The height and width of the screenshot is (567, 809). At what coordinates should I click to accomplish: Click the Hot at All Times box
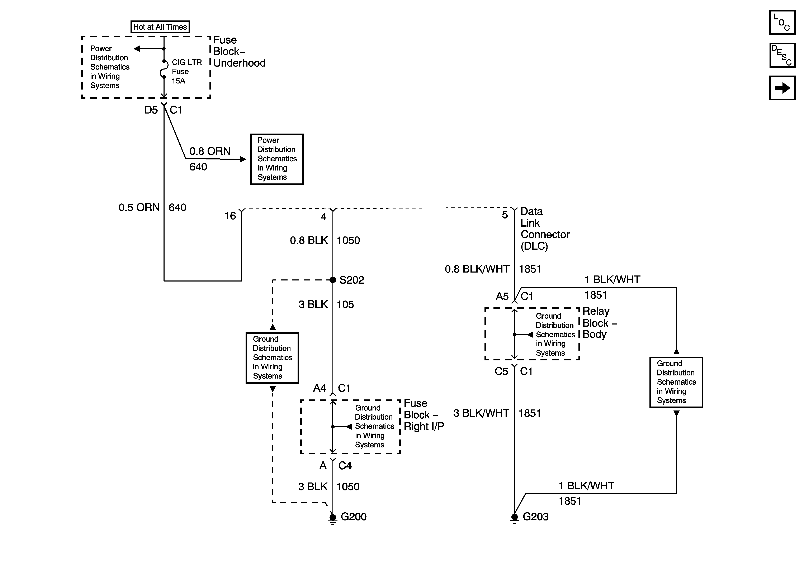(x=160, y=27)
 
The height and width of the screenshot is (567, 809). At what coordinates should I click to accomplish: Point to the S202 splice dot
(x=333, y=280)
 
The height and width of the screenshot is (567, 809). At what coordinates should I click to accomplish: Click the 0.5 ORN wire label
(x=139, y=207)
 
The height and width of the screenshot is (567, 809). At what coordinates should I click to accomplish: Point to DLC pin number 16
(x=230, y=216)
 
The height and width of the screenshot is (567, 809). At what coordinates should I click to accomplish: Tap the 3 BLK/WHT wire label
(x=481, y=413)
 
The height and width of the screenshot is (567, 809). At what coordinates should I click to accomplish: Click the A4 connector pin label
(x=320, y=388)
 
